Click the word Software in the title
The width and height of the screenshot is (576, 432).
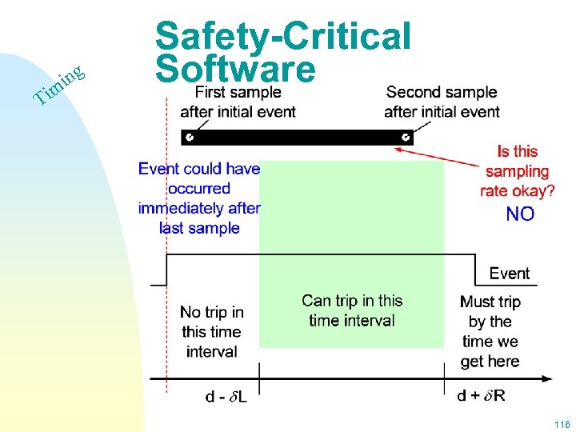pyautogui.click(x=236, y=70)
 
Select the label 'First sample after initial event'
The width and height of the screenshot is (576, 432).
pyautogui.click(x=238, y=102)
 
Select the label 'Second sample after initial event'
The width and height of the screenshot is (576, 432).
pyautogui.click(x=442, y=102)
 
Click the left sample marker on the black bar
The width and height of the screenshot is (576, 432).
pyautogui.click(x=190, y=138)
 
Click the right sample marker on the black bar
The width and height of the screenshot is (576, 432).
pyautogui.click(x=406, y=138)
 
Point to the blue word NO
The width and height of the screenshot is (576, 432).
pyautogui.click(x=520, y=214)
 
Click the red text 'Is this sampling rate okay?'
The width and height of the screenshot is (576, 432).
pyautogui.click(x=518, y=171)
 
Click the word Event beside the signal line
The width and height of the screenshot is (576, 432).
pyautogui.click(x=510, y=274)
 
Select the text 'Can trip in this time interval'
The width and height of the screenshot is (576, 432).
pyautogui.click(x=352, y=310)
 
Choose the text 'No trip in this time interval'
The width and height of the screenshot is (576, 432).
pyautogui.click(x=211, y=331)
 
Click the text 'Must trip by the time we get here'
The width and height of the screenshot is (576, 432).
pyautogui.click(x=490, y=331)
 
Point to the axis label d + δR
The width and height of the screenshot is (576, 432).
pyautogui.click(x=481, y=395)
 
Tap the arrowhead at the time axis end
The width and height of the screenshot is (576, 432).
pyautogui.click(x=547, y=378)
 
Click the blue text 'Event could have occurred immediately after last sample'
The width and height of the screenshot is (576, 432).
pyautogui.click(x=199, y=198)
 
